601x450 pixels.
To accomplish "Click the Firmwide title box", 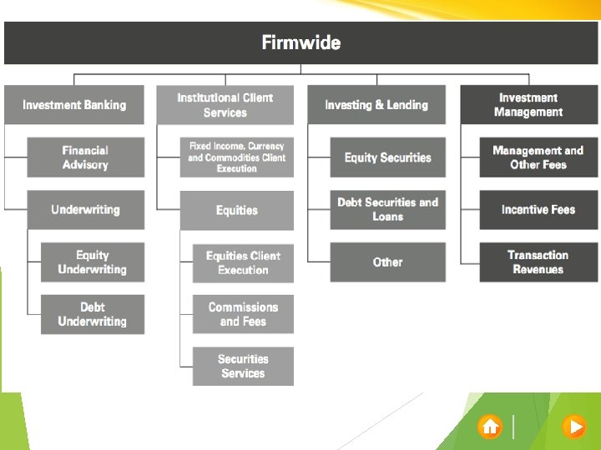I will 300,42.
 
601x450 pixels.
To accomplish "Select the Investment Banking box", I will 74,105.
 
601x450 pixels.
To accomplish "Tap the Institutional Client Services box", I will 225,105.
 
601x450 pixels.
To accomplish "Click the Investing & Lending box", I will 376,105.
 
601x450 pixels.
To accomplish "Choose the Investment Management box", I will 528,105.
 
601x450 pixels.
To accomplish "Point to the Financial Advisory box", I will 85,157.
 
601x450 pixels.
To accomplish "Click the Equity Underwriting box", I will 92,262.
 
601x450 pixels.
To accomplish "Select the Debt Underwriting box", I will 92,314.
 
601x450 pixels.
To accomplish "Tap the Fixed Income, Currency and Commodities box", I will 236,157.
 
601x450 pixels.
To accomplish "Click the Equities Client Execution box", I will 243,262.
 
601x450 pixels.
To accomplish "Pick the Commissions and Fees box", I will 243,314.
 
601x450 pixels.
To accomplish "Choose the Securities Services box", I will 243,366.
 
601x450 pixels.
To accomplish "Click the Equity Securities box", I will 387,157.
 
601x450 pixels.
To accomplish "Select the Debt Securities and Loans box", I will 387,209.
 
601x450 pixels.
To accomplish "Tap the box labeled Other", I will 387,262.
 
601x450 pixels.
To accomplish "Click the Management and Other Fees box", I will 538,157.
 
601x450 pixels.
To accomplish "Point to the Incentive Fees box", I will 538,209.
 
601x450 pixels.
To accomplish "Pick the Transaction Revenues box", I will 538,262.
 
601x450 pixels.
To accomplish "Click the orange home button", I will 490,427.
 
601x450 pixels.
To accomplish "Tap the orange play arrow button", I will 574,427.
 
